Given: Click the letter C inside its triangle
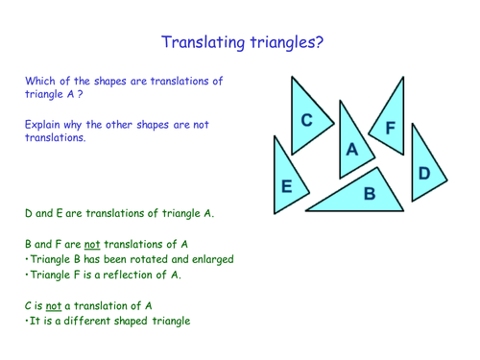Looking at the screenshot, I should (x=306, y=120).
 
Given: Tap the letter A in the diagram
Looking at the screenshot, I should (x=352, y=150).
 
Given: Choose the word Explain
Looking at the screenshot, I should (x=44, y=125).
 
